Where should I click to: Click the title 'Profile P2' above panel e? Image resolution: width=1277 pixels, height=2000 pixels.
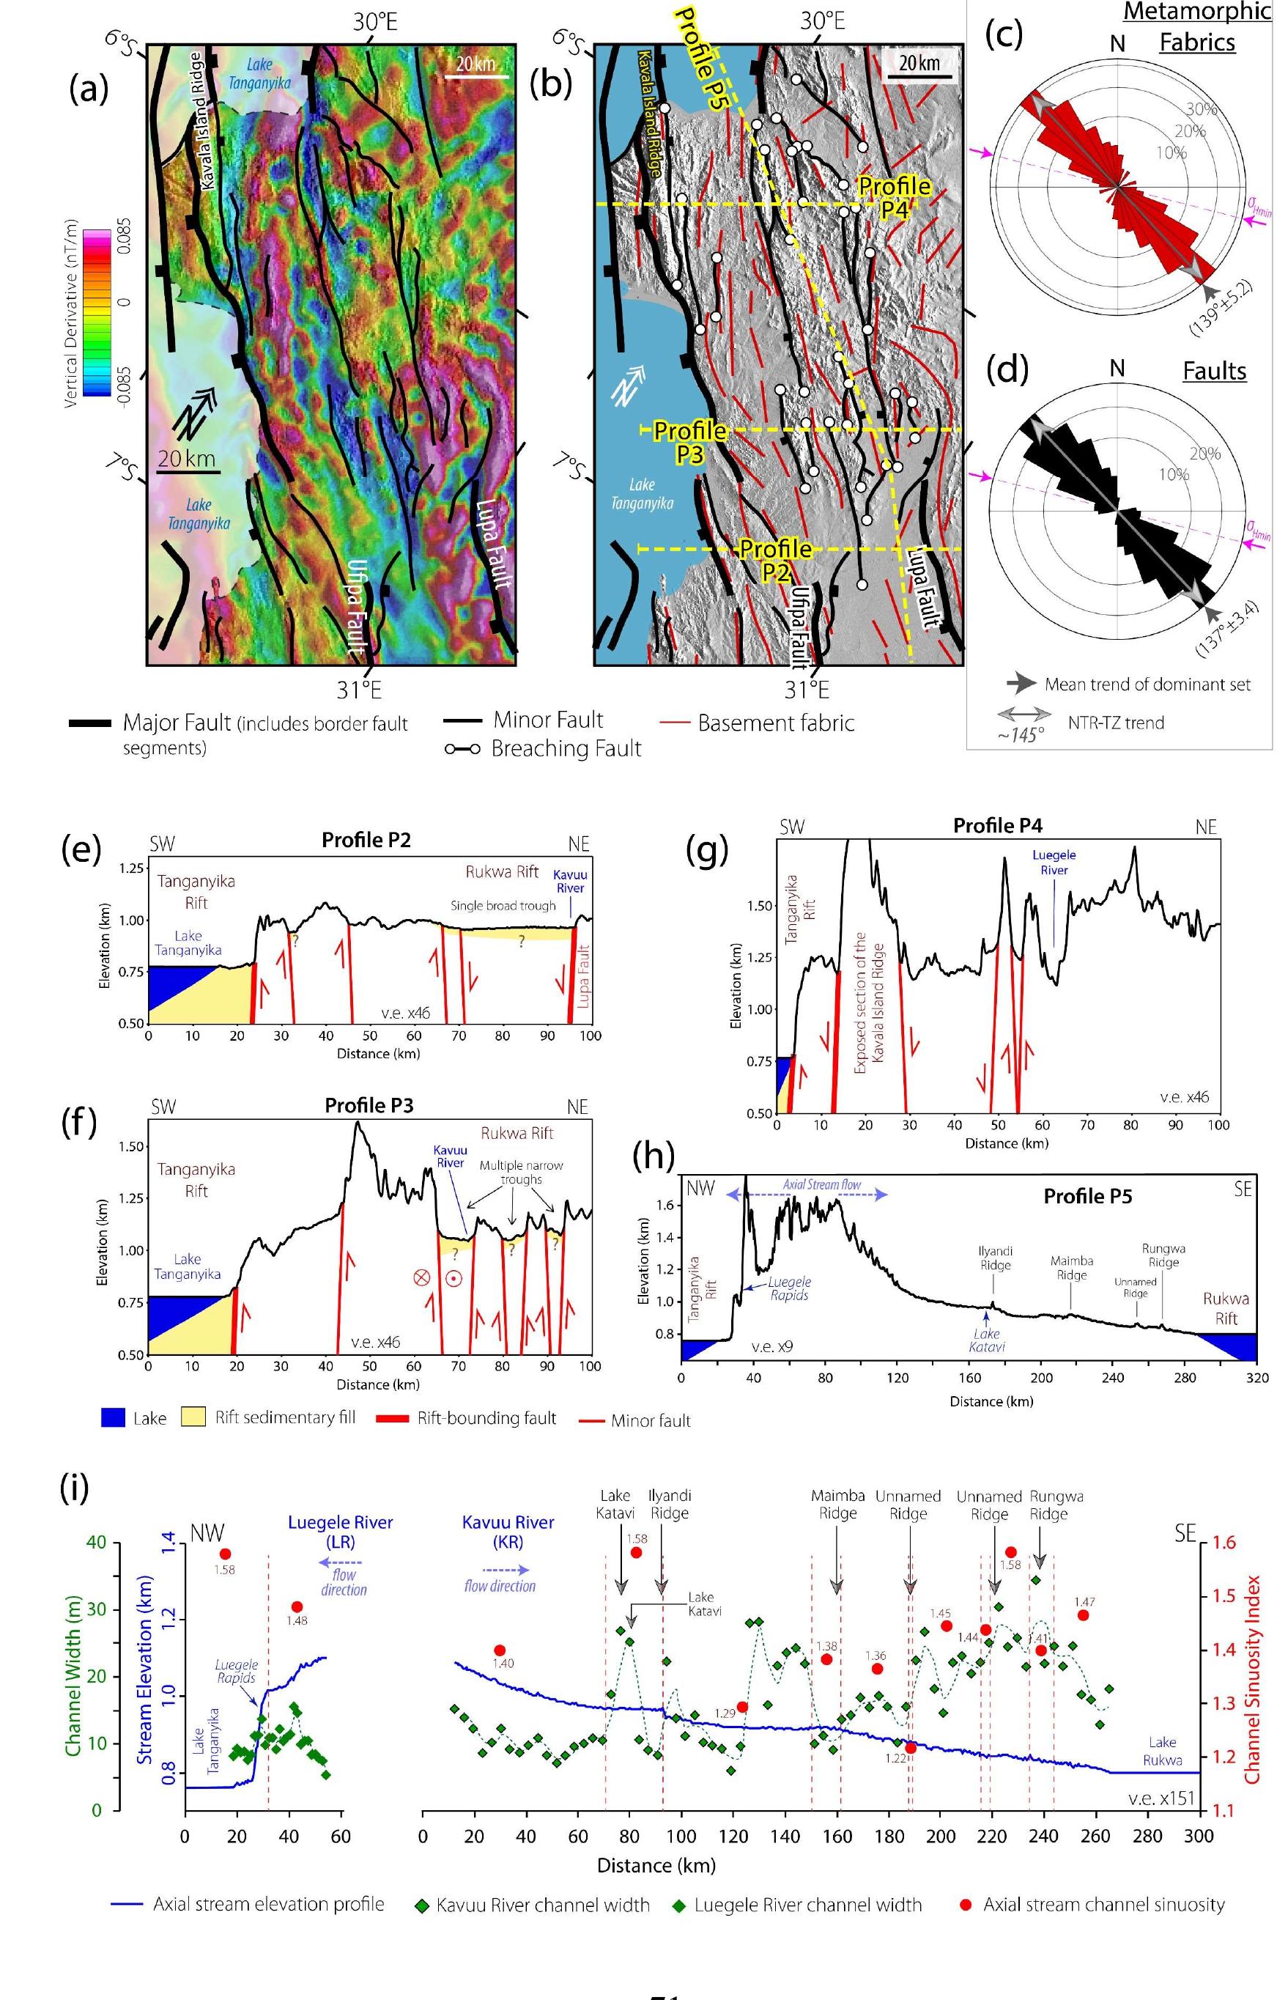pos(366,840)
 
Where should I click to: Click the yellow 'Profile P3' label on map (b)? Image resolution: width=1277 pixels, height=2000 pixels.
pos(689,441)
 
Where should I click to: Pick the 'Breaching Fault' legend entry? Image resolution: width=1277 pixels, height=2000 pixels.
pos(566,748)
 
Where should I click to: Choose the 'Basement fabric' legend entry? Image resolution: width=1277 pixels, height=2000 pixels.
pos(774,723)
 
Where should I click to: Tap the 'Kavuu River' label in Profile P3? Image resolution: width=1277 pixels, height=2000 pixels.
pos(450,1157)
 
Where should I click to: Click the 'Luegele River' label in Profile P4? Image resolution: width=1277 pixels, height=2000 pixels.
pos(1054,862)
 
